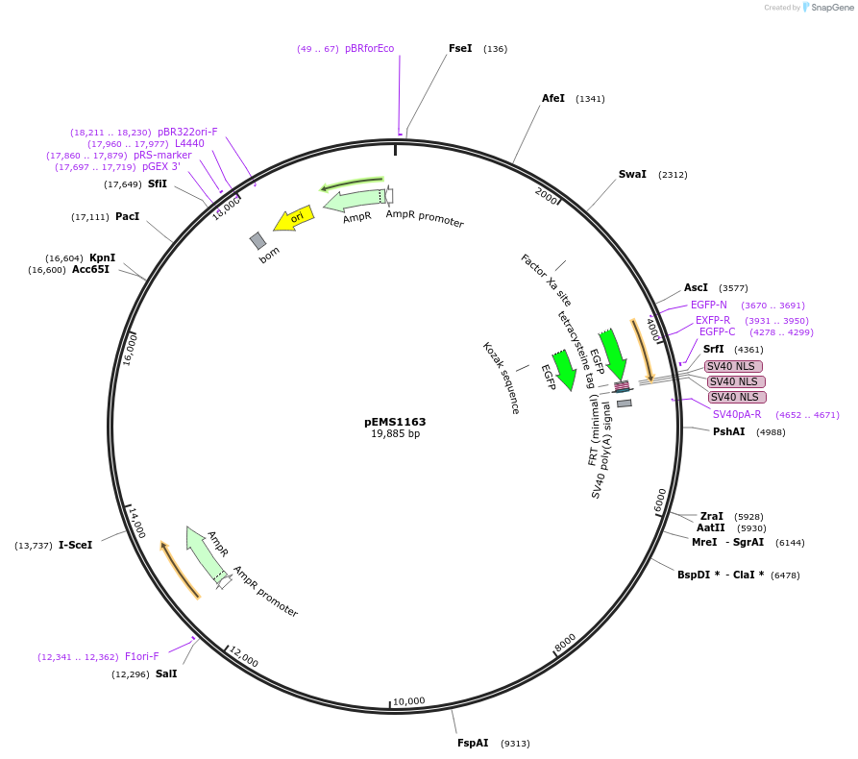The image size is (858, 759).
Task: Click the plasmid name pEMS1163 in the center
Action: pyautogui.click(x=395, y=422)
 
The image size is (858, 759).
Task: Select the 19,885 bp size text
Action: pyautogui.click(x=395, y=434)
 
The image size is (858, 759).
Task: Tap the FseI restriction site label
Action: pyautogui.click(x=460, y=48)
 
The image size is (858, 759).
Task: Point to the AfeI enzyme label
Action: pyautogui.click(x=553, y=99)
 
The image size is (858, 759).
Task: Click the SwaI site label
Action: pyautogui.click(x=632, y=175)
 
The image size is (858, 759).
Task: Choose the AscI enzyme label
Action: pyautogui.click(x=696, y=287)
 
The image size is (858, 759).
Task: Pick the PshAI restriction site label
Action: pyautogui.click(x=728, y=431)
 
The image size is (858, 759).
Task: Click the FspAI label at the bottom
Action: pyautogui.click(x=473, y=743)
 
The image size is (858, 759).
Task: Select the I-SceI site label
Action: pyautogui.click(x=76, y=545)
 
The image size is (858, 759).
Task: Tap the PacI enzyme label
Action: pyautogui.click(x=127, y=216)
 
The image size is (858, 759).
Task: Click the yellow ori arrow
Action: pyautogui.click(x=294, y=219)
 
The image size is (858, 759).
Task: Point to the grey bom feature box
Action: pyautogui.click(x=257, y=240)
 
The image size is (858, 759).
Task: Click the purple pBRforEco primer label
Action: pyautogui.click(x=369, y=48)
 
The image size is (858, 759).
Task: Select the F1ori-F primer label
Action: pyautogui.click(x=142, y=657)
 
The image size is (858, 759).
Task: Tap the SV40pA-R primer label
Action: pyautogui.click(x=737, y=414)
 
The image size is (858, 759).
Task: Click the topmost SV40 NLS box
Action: pyautogui.click(x=733, y=366)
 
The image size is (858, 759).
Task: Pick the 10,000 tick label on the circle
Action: pyautogui.click(x=408, y=701)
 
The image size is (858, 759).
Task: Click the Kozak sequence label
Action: pyautogui.click(x=501, y=378)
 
